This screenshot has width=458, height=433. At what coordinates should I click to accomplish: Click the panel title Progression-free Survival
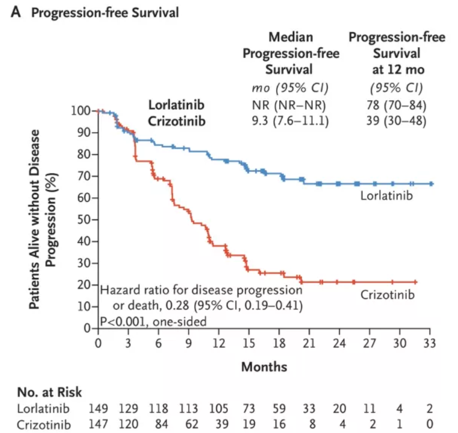point(105,13)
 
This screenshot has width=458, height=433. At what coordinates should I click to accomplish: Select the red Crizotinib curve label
point(387,294)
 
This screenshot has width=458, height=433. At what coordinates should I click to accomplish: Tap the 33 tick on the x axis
point(430,342)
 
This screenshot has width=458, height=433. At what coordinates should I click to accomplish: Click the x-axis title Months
point(264,366)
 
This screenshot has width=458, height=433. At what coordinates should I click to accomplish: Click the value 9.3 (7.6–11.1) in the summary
point(291,122)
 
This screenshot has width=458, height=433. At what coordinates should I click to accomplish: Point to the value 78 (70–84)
point(396,106)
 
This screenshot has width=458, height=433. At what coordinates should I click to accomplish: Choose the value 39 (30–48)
point(396,122)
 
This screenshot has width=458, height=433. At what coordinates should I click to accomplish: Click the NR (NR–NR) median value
point(291,106)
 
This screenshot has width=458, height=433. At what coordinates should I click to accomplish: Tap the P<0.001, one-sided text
point(153,321)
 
